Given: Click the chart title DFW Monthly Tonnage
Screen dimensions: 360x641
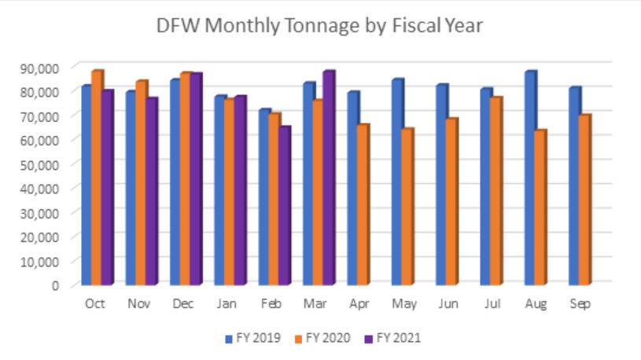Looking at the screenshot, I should tap(321, 26).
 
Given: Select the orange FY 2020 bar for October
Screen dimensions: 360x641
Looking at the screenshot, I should tap(96, 177).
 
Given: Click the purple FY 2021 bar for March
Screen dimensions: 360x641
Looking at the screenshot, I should tap(328, 177).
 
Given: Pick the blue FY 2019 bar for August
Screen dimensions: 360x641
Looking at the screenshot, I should tap(530, 177).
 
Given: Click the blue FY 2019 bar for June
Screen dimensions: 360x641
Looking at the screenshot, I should tap(442, 184).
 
